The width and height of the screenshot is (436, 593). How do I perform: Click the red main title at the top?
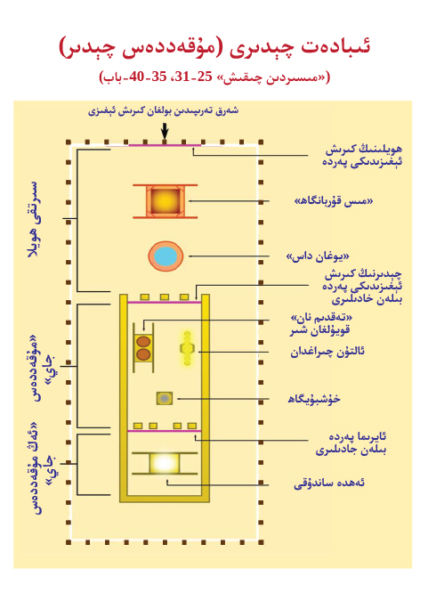(x=214, y=46)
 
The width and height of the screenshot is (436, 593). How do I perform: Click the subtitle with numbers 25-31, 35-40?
(x=214, y=77)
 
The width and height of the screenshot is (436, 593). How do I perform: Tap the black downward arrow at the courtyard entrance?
(x=165, y=131)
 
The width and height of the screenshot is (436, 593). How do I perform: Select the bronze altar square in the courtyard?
(x=166, y=200)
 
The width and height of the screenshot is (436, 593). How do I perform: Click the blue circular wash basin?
(x=166, y=256)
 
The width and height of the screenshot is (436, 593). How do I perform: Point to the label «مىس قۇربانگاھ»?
(x=334, y=201)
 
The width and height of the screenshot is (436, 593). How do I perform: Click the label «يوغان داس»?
(x=318, y=256)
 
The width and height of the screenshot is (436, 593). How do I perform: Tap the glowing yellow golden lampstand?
(x=187, y=348)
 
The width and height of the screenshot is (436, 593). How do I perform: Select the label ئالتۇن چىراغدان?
(x=327, y=352)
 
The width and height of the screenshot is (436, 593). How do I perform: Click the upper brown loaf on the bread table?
(x=143, y=342)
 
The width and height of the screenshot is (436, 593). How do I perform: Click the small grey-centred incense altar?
(x=165, y=398)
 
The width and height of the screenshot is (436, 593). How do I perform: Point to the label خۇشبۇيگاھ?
(x=314, y=399)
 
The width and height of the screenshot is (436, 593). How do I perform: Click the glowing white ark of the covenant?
(x=164, y=462)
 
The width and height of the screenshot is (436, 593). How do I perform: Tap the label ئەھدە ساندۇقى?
(x=329, y=483)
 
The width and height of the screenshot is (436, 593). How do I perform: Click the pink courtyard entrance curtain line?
(x=165, y=145)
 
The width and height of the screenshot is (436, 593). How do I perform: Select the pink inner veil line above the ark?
(x=165, y=431)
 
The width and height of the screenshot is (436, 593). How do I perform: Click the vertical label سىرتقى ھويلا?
(x=33, y=219)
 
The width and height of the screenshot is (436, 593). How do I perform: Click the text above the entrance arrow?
(x=163, y=110)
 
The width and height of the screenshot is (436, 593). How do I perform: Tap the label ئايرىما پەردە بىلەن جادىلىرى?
(x=351, y=443)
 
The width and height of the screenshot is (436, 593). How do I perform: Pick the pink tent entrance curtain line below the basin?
(x=165, y=302)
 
